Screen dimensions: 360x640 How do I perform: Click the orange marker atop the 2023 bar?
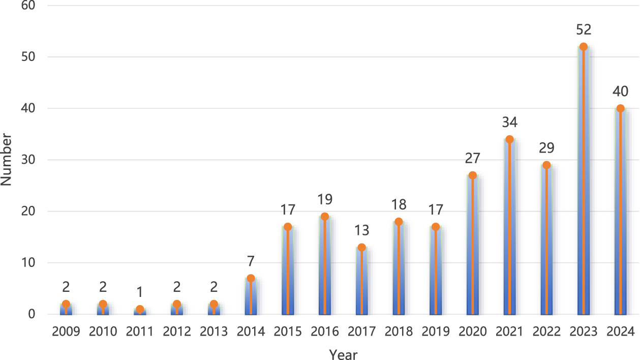(x=583, y=47)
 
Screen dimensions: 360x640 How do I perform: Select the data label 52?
(x=583, y=30)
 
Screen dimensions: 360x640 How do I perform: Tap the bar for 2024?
(x=620, y=214)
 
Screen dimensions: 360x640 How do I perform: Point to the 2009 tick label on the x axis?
(x=66, y=332)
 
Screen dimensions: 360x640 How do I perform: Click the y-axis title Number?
(x=7, y=159)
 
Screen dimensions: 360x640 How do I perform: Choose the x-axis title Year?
(x=343, y=354)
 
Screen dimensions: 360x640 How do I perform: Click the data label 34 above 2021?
(x=509, y=123)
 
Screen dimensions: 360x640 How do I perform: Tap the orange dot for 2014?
(x=251, y=278)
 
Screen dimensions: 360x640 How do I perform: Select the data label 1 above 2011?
(x=140, y=292)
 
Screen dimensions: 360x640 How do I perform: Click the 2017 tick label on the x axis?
(x=361, y=332)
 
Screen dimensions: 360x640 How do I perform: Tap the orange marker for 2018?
(x=399, y=222)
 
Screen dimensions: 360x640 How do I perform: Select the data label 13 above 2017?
(x=361, y=230)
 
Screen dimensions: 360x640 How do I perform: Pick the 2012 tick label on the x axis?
(x=177, y=332)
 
